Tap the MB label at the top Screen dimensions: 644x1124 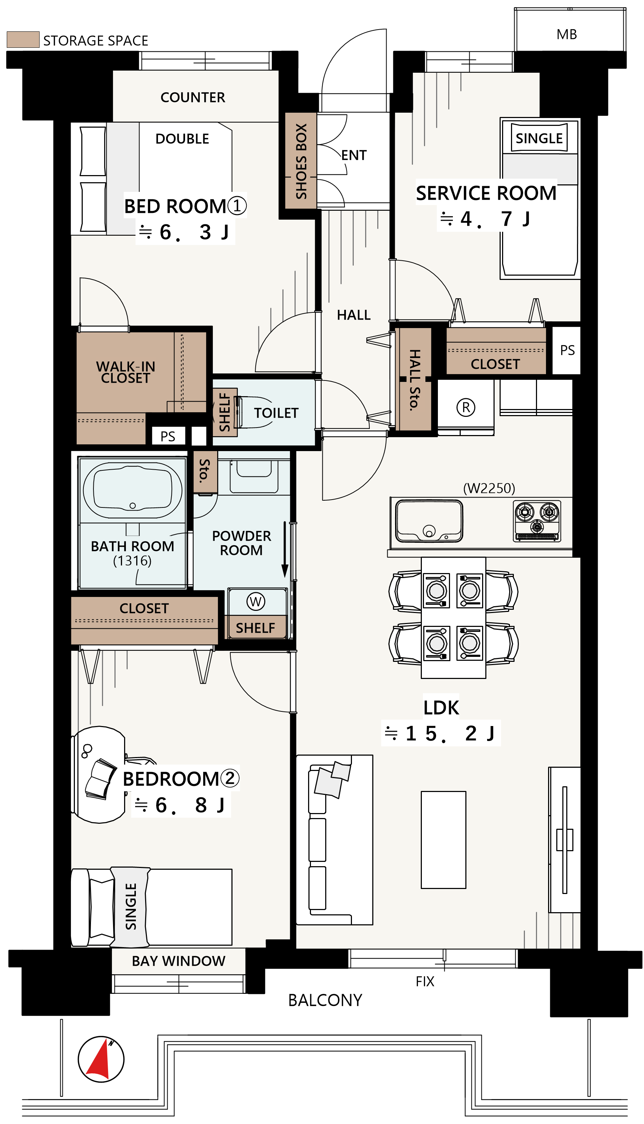(567, 35)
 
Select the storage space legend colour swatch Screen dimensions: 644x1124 (23, 39)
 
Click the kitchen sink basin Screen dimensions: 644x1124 (429, 521)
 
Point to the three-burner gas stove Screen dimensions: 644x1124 (537, 521)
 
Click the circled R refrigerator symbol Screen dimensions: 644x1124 (466, 407)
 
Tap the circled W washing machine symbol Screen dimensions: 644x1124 (256, 601)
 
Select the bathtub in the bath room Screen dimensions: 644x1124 (133, 490)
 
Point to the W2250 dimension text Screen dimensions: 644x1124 (489, 488)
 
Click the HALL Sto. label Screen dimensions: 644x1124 (414, 380)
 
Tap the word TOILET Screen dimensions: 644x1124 (276, 413)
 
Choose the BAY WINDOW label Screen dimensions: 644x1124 (179, 961)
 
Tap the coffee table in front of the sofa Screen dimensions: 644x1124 (443, 840)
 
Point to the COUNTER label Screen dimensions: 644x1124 (193, 97)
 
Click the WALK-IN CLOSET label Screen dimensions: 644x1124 (126, 372)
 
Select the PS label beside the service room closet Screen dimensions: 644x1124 (567, 350)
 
